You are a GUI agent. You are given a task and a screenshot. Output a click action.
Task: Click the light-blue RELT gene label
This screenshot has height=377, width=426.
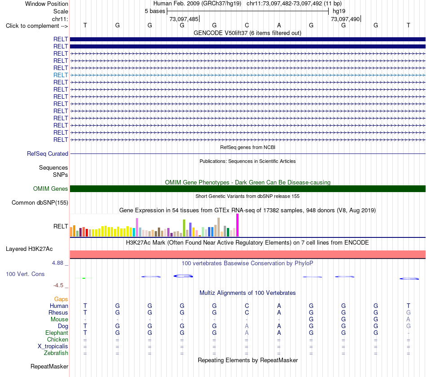click(61, 75)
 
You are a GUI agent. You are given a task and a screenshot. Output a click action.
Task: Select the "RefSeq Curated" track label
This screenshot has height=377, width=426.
click(48, 153)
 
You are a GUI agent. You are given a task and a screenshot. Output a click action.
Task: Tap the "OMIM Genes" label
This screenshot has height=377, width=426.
click(51, 189)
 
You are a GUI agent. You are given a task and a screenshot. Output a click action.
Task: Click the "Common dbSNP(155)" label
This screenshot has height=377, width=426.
click(40, 203)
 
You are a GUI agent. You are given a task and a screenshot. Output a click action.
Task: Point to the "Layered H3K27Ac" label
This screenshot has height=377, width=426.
click(29, 249)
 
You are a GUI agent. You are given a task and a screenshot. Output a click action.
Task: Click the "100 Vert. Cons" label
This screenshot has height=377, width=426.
click(25, 274)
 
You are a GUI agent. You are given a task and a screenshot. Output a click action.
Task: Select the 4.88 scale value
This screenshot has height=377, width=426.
click(57, 263)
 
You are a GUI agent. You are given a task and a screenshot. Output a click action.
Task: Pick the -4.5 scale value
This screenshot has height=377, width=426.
click(58, 285)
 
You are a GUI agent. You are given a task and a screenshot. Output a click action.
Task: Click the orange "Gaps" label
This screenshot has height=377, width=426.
click(61, 299)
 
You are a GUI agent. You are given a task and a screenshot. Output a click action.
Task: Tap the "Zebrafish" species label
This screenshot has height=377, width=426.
click(56, 353)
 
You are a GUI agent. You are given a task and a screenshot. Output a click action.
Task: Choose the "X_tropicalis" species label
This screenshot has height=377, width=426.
click(53, 346)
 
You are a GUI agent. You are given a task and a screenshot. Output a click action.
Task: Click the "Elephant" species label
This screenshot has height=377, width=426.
click(57, 333)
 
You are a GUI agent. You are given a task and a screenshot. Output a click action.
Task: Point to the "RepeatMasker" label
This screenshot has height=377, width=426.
click(49, 366)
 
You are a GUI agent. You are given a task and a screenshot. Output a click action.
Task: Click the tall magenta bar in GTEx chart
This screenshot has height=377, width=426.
click(238, 225)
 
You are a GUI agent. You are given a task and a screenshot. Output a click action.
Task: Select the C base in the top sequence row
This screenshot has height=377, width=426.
click(247, 25)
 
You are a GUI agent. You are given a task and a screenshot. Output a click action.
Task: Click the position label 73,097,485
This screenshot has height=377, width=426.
click(184, 19)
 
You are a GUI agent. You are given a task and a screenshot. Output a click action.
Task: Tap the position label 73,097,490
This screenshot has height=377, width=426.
click(345, 19)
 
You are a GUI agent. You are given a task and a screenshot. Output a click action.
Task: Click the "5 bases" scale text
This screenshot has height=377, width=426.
click(155, 11)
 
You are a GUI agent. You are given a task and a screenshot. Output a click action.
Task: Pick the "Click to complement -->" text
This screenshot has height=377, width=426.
click(37, 26)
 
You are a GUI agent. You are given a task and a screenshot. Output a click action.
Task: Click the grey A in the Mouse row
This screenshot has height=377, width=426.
click(409, 320)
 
